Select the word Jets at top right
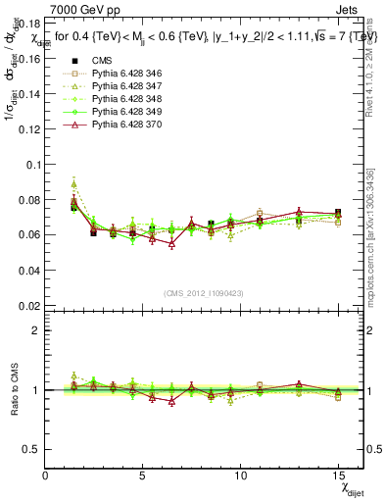tap(349, 9)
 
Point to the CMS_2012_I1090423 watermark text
tap(203, 294)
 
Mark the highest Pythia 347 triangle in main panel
tap(74, 183)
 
